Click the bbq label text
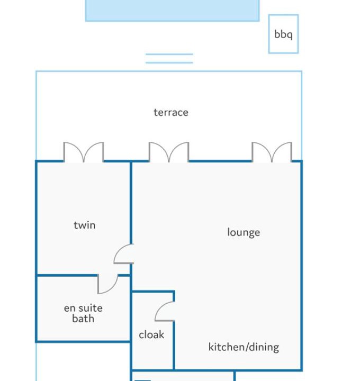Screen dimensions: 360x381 click(x=283, y=34)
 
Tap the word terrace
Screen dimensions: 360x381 click(x=171, y=113)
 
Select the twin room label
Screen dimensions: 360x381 click(x=85, y=225)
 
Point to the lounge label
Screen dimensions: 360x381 click(x=244, y=232)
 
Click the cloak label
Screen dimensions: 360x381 click(x=151, y=335)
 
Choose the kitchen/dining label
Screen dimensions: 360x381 click(x=244, y=347)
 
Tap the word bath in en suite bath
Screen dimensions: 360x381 click(x=83, y=319)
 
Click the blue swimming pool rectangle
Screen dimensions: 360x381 click(x=173, y=11)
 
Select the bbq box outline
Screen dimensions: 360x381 click(x=269, y=34)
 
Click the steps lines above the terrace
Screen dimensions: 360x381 click(x=169, y=58)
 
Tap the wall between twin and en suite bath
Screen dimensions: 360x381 click(x=67, y=275)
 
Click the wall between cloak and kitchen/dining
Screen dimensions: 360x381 click(x=174, y=345)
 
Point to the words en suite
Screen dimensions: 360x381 click(x=83, y=309)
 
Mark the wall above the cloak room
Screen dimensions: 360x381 click(x=153, y=292)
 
